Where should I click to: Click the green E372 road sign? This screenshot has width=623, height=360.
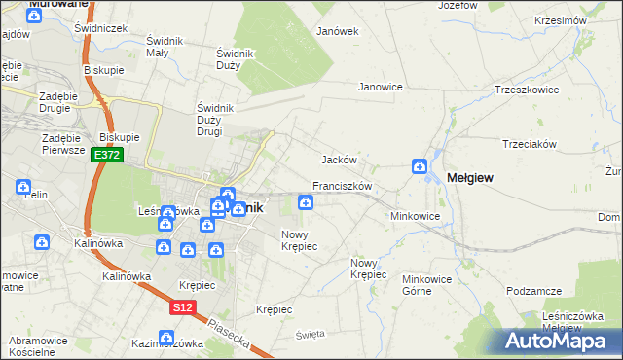click(107, 155)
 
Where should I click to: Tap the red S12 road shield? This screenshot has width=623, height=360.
click(181, 306)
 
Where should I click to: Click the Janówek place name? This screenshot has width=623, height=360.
click(338, 31)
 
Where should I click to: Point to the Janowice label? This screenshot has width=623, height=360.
click(381, 87)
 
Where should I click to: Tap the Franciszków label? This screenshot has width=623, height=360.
click(343, 185)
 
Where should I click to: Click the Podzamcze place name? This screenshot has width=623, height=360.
click(534, 291)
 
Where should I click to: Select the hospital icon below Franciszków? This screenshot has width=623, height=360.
click(306, 202)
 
